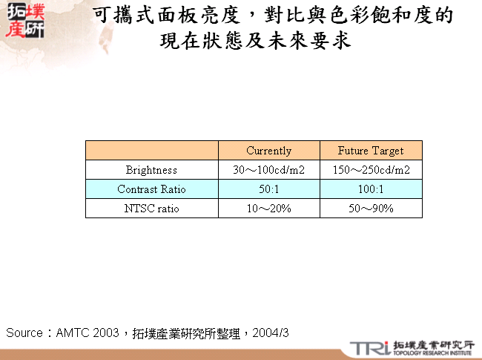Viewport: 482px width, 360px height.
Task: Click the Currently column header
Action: (268, 151)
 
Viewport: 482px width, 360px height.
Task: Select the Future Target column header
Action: (371, 151)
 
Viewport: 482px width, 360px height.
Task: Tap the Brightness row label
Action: (151, 170)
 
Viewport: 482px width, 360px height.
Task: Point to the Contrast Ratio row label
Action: (151, 189)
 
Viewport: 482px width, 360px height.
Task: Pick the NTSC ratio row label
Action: (151, 209)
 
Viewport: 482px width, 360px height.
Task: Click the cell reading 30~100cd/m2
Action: (268, 170)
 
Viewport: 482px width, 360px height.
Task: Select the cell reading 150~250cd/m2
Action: (371, 170)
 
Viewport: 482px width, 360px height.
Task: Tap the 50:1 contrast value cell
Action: (268, 189)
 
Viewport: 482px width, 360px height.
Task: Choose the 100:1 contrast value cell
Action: (371, 189)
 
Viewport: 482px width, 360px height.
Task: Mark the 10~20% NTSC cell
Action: (268, 209)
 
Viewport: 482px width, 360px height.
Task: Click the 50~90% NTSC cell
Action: (371, 209)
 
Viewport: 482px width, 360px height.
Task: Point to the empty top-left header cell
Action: (151, 151)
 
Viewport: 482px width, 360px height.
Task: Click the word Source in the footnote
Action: (24, 333)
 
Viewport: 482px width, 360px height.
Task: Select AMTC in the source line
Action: (73, 333)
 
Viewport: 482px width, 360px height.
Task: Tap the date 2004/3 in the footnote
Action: (271, 333)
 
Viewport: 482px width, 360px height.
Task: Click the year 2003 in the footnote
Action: (106, 333)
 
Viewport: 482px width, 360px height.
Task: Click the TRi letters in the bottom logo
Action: (369, 347)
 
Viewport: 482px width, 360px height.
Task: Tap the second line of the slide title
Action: (255, 42)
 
